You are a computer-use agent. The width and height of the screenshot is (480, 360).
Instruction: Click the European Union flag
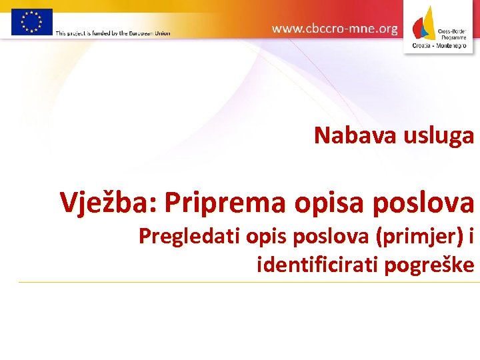[31, 21]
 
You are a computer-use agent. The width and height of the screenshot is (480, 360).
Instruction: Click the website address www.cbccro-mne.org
[335, 29]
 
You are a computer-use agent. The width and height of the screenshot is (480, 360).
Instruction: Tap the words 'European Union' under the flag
[151, 33]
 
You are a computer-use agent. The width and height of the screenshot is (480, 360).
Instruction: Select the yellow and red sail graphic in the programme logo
[426, 24]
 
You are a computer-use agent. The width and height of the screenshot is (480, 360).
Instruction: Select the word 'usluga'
[439, 135]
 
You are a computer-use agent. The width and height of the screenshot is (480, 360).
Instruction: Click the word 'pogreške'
[434, 265]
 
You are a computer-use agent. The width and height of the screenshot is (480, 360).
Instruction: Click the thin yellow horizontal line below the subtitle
[247, 282]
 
